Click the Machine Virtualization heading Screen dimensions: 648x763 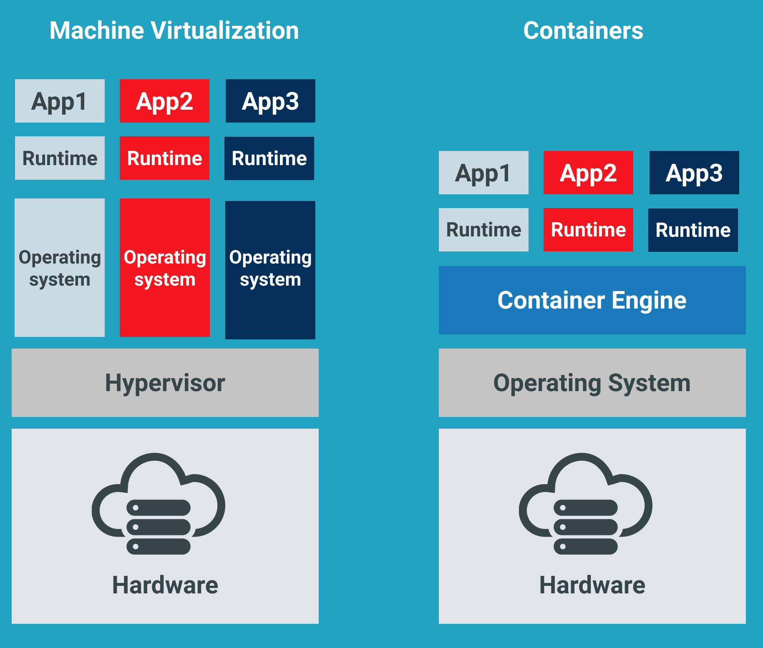[174, 31]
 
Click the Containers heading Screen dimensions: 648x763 [583, 31]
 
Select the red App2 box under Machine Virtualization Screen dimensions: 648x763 [164, 101]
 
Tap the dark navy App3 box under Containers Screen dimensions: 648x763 [694, 173]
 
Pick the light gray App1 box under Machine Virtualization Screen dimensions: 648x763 [60, 101]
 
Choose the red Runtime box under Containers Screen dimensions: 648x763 [588, 230]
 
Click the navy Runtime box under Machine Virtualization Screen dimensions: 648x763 [269, 158]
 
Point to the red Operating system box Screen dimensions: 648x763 [164, 268]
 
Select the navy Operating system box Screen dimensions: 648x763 [270, 270]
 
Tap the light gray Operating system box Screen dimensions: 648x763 [60, 268]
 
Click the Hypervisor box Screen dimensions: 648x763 [165, 383]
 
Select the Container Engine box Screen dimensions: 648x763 [592, 300]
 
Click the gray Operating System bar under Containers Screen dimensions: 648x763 [592, 383]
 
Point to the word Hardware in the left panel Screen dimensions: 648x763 [165, 585]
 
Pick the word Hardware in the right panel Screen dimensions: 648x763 [592, 585]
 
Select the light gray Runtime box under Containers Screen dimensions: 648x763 [483, 230]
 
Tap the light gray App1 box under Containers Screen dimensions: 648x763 [483, 173]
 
